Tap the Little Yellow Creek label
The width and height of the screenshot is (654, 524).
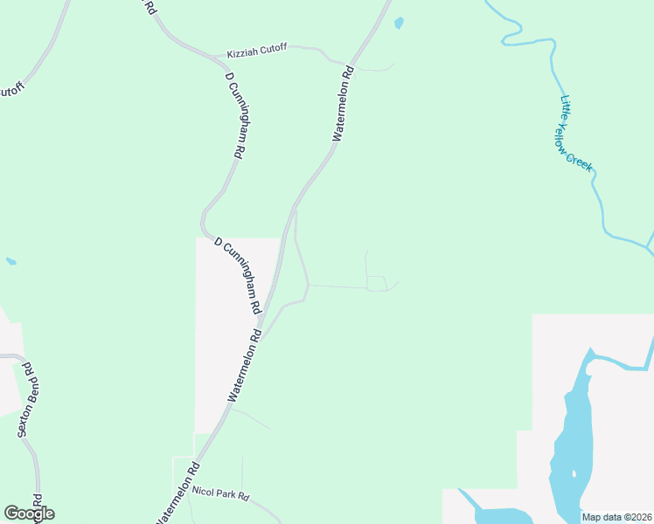point(575,132)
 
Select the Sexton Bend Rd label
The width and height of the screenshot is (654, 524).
point(27,399)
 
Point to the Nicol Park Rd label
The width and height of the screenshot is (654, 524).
point(220,495)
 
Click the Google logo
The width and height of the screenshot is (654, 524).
point(29,514)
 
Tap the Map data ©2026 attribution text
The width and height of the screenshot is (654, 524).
point(616,517)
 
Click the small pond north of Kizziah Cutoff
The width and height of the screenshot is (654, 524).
point(399,24)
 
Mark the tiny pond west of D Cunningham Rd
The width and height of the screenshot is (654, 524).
point(10,260)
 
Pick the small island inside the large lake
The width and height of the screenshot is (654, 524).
point(574,474)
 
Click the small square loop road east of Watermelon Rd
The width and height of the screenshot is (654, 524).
point(376,283)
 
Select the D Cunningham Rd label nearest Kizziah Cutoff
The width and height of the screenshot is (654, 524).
point(234,114)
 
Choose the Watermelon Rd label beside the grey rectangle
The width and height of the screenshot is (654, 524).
point(245,365)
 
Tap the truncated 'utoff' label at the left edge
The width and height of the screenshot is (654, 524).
point(10,90)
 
